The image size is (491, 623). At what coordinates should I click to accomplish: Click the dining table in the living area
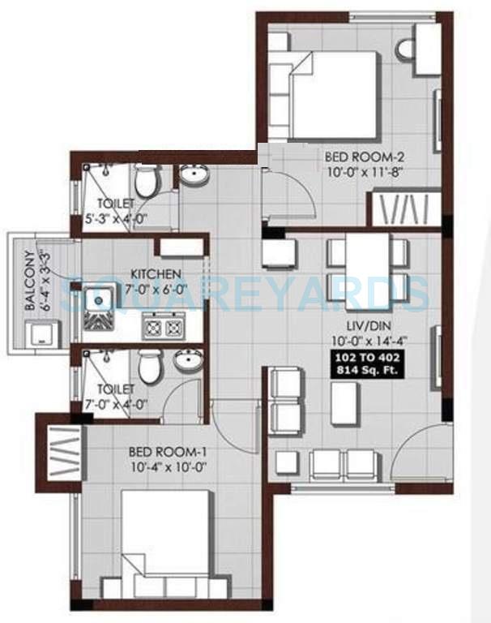pos(366,266)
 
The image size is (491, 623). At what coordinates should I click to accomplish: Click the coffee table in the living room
pos(344,402)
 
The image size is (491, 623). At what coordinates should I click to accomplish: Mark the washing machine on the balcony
pos(39,335)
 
